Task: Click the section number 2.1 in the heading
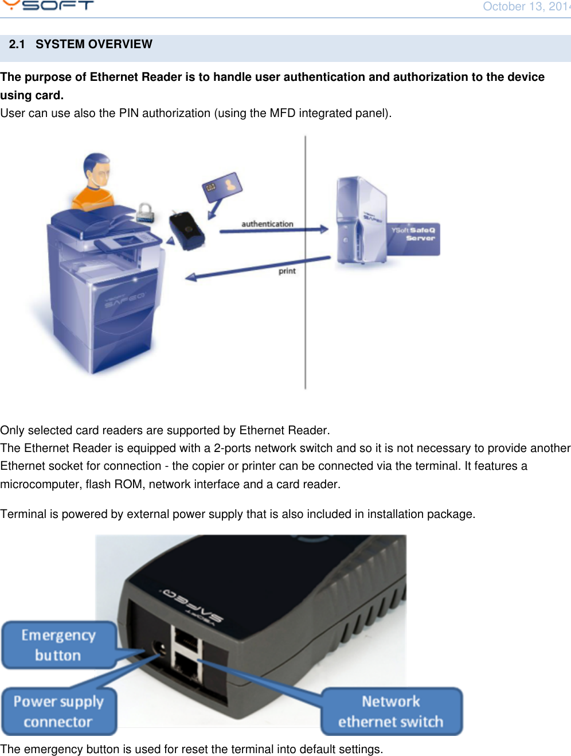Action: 17,45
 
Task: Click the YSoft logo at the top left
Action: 49,6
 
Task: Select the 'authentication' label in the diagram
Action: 267,224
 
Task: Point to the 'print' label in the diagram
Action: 287,271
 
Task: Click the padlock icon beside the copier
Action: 146,213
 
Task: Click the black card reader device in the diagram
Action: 187,231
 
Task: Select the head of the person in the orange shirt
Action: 97,170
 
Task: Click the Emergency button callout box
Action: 58,645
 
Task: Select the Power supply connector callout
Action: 58,711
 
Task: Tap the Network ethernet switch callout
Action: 391,711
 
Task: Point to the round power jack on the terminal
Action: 161,650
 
